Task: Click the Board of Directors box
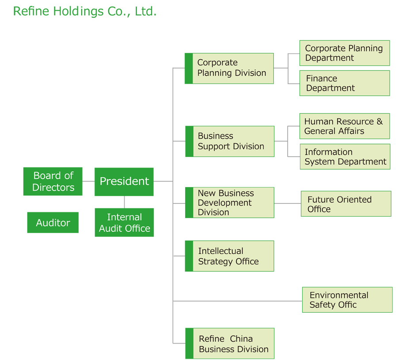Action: pyautogui.click(x=53, y=181)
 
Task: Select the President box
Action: pyautogui.click(x=124, y=182)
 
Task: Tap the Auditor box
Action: pyautogui.click(x=53, y=222)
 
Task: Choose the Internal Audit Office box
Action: pyautogui.click(x=124, y=222)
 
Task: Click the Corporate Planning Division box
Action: pyautogui.click(x=229, y=69)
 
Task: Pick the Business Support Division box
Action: pyautogui.click(x=230, y=142)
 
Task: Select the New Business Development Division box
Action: pyautogui.click(x=229, y=203)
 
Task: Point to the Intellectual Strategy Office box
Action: pyautogui.click(x=229, y=256)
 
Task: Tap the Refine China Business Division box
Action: pyautogui.click(x=230, y=343)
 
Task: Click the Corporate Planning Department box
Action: pyautogui.click(x=345, y=53)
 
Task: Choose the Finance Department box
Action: pyautogui.click(x=345, y=83)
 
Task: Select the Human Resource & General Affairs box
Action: pyautogui.click(x=345, y=126)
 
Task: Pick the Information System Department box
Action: pyautogui.click(x=345, y=157)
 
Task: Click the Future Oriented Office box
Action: pyautogui.click(x=346, y=204)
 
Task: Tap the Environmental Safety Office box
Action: pyautogui.click(x=347, y=300)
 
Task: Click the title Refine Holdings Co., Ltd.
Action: pyautogui.click(x=85, y=11)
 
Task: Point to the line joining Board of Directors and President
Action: pyautogui.click(x=88, y=181)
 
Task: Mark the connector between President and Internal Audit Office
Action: pyautogui.click(x=124, y=202)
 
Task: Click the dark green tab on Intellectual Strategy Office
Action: pyautogui.click(x=189, y=256)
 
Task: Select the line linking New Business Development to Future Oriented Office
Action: pyautogui.click(x=288, y=203)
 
